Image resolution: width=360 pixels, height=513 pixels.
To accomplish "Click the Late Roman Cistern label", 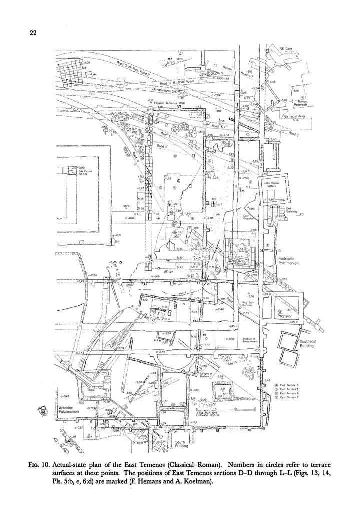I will click(274, 186).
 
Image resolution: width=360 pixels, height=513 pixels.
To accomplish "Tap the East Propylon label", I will click(249, 216).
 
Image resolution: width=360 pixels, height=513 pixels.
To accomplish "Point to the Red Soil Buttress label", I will click(250, 305).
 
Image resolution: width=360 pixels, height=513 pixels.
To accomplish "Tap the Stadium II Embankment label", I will click(250, 341).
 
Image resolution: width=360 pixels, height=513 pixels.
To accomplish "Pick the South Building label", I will click(180, 444).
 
